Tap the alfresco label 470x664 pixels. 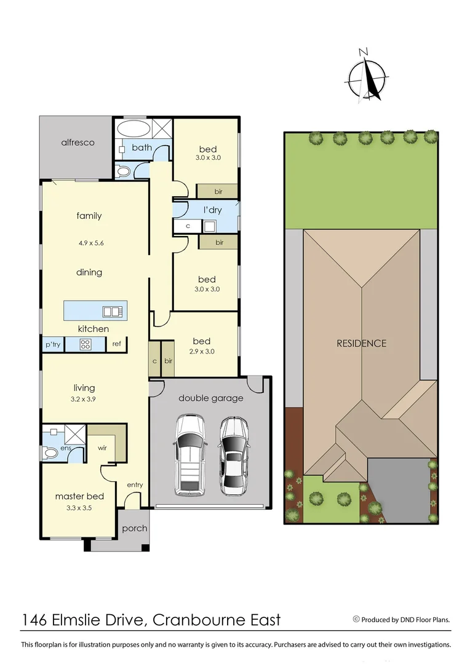[78, 143]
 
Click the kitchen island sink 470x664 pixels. [112, 311]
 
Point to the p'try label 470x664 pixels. [53, 344]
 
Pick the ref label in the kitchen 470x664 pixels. [117, 344]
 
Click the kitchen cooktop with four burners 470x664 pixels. [85, 344]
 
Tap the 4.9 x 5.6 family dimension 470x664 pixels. [91, 243]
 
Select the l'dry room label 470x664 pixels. [213, 210]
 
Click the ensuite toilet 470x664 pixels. [50, 454]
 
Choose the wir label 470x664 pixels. [103, 448]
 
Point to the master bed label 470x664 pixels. [79, 496]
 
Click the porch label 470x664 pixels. [135, 528]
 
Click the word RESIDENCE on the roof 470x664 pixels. [361, 343]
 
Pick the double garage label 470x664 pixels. [210, 398]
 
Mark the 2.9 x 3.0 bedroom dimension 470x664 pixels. [202, 352]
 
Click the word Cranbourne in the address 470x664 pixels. [197, 619]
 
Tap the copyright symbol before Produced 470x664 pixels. [356, 619]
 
